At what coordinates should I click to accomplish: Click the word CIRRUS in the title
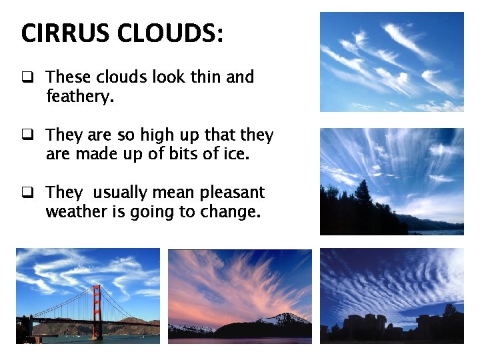(61, 33)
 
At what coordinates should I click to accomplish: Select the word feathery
(80, 97)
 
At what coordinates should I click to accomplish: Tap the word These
(69, 77)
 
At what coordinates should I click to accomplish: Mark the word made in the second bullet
(93, 155)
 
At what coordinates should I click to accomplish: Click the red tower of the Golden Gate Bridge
(97, 310)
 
